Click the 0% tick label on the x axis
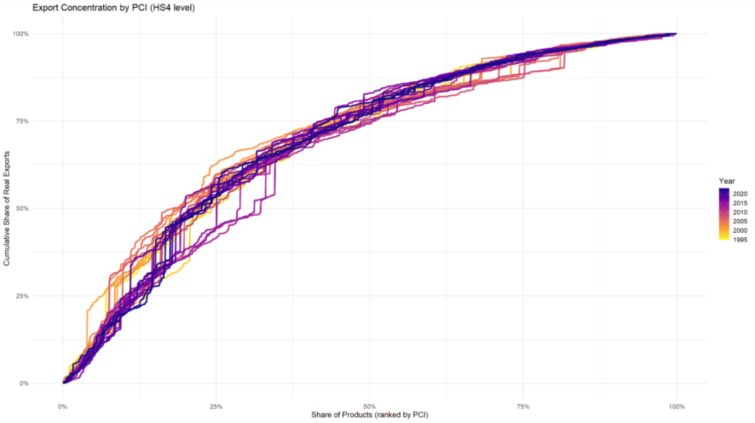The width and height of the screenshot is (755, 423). pos(63,406)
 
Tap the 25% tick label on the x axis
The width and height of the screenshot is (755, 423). pos(216,406)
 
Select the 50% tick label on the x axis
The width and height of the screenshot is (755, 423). pos(370,406)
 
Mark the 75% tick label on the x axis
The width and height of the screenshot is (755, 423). pos(523,406)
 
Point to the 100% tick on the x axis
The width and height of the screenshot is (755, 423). pos(676,406)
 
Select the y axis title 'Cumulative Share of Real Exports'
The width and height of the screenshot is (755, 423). pos(7,209)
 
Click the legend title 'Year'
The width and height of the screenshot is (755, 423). pos(727,181)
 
